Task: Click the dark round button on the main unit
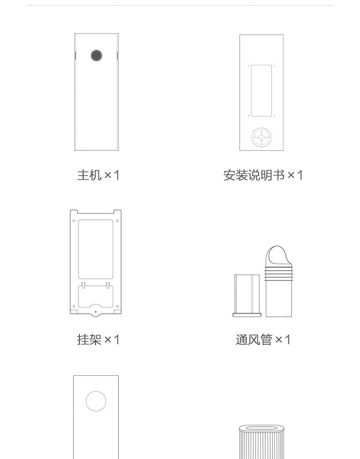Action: click(x=96, y=56)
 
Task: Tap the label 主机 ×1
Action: click(x=98, y=175)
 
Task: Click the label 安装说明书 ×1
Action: click(x=263, y=175)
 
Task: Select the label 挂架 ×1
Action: click(x=98, y=339)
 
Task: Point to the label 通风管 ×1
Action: click(x=263, y=339)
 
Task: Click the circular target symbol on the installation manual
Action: click(x=262, y=137)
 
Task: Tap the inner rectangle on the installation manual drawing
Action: click(x=262, y=90)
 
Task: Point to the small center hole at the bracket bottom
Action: click(x=96, y=313)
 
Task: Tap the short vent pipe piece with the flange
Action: click(x=248, y=294)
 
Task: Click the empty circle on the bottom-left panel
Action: click(x=96, y=401)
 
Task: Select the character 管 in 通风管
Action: click(x=266, y=339)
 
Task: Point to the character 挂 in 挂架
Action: click(x=83, y=339)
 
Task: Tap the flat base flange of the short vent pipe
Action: click(x=248, y=314)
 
